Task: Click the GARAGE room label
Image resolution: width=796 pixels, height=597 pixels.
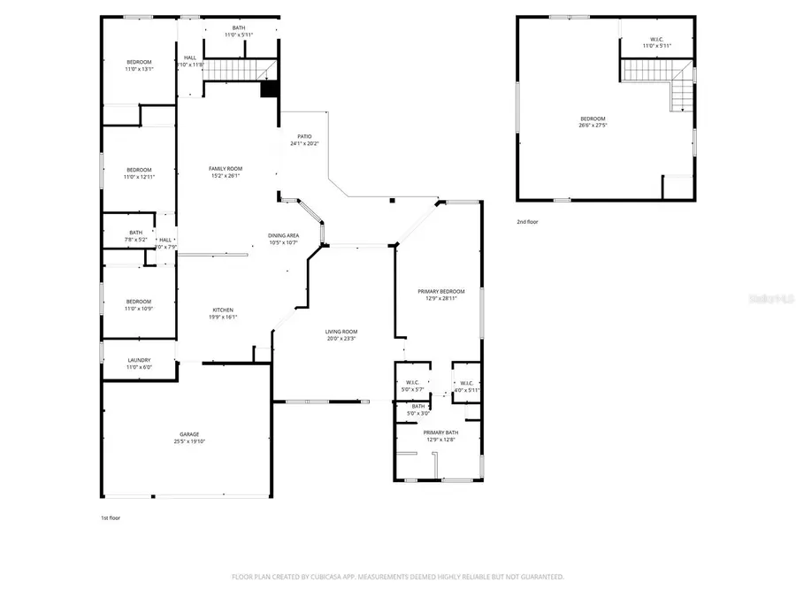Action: point(189,434)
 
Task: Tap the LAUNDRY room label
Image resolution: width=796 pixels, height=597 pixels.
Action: point(139,360)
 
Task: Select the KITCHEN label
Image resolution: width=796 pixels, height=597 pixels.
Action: point(223,310)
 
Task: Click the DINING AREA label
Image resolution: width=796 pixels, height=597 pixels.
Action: point(283,235)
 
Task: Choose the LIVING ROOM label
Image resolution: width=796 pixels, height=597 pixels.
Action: point(341,332)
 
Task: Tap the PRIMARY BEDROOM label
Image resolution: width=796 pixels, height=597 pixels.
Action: point(440,291)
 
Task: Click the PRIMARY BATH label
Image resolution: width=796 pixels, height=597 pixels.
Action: point(440,432)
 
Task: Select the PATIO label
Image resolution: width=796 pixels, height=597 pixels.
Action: point(303,137)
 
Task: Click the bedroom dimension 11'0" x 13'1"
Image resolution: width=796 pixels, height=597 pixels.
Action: point(139,68)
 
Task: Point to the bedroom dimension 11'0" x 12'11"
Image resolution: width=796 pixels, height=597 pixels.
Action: point(139,177)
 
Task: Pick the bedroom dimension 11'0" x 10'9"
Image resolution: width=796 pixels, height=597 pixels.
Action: point(139,308)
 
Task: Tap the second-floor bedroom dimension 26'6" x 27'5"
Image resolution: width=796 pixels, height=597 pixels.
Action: point(593,126)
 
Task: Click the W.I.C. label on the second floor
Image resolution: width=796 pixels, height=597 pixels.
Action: point(656,38)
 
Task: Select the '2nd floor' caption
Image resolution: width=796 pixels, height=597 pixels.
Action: point(527,222)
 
